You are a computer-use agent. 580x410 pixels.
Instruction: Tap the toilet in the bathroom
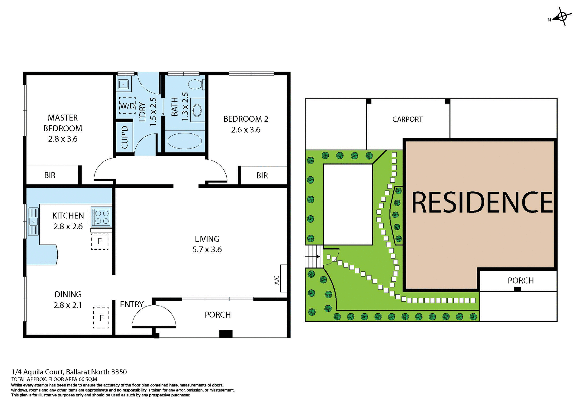(x=197, y=84)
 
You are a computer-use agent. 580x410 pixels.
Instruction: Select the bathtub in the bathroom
(x=184, y=141)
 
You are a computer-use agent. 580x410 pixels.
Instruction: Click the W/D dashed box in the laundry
(x=127, y=105)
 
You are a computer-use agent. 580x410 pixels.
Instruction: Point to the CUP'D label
(x=124, y=137)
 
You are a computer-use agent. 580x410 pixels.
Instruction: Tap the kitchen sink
(x=33, y=222)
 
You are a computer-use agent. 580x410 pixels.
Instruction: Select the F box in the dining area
(x=101, y=317)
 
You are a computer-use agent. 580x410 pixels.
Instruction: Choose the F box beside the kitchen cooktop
(x=100, y=241)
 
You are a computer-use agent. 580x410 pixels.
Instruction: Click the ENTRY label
(x=131, y=304)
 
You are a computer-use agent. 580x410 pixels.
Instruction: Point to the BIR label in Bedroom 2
(x=262, y=175)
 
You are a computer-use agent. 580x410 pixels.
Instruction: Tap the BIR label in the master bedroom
(x=50, y=175)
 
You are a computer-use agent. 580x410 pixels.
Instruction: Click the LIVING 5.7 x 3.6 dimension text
(x=207, y=249)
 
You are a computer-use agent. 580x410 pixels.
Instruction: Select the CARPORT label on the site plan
(x=407, y=119)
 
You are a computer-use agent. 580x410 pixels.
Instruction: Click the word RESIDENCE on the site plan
(x=482, y=203)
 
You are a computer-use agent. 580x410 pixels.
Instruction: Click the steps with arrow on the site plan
(x=314, y=256)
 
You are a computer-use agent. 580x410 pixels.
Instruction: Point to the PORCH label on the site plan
(x=520, y=280)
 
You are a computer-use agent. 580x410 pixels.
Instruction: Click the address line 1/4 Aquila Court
(x=69, y=372)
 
